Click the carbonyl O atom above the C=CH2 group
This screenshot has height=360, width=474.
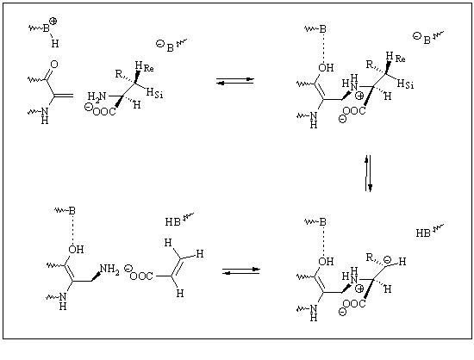pyautogui.click(x=54, y=65)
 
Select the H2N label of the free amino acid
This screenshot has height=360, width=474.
pyautogui.click(x=97, y=96)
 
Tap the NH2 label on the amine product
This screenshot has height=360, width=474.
pyautogui.click(x=109, y=269)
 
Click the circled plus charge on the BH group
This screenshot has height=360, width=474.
pyautogui.click(x=53, y=22)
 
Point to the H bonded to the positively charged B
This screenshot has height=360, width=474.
pyautogui.click(x=54, y=43)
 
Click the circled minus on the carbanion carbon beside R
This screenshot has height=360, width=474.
pyautogui.click(x=387, y=259)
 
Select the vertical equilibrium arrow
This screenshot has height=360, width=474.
pyautogui.click(x=368, y=173)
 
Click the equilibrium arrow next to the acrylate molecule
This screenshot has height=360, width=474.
pyautogui.click(x=241, y=270)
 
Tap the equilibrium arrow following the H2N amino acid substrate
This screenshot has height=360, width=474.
pyautogui.click(x=235, y=81)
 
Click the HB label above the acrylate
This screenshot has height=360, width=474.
pyautogui.click(x=173, y=222)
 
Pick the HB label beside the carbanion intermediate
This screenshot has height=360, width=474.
pyautogui.click(x=423, y=233)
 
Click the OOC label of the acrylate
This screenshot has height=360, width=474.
pyautogui.click(x=141, y=276)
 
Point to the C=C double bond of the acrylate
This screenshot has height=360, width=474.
pyautogui.click(x=176, y=267)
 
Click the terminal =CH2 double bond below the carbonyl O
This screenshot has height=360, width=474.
pyautogui.click(x=64, y=96)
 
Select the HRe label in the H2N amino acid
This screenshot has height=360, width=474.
pyautogui.click(x=144, y=66)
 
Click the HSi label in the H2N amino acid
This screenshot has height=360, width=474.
pyautogui.click(x=154, y=93)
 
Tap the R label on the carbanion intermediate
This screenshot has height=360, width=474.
pyautogui.click(x=370, y=258)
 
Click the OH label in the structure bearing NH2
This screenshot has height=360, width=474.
pyautogui.click(x=76, y=249)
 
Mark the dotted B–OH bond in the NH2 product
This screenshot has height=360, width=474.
pyautogui.click(x=73, y=230)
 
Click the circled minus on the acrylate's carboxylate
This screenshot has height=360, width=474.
pyautogui.click(x=128, y=269)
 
